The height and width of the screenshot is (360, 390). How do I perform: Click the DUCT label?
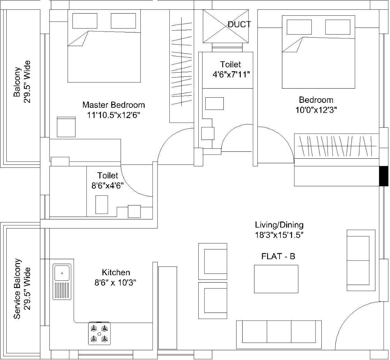pyautogui.click(x=239, y=24)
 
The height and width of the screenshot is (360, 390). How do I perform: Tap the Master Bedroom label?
pyautogui.click(x=114, y=105)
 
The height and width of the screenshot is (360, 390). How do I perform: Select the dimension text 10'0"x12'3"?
pyautogui.click(x=316, y=110)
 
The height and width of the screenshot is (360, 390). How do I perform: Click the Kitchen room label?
pyautogui.click(x=116, y=272)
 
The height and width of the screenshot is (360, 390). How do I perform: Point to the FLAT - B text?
pyautogui.click(x=278, y=256)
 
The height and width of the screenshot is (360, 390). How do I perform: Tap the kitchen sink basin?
pyautogui.click(x=62, y=273)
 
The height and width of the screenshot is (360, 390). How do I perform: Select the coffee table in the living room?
pyautogui.click(x=276, y=279)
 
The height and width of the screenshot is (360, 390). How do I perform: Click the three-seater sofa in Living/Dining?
pyautogui.click(x=279, y=335)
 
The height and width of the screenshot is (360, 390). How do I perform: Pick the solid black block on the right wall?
pyautogui.click(x=384, y=176)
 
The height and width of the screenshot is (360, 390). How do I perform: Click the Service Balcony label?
pyautogui.click(x=17, y=288)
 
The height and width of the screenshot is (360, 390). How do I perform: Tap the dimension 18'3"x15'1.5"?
pyautogui.click(x=279, y=235)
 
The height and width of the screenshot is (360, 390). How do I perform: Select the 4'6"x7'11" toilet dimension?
pyautogui.click(x=231, y=74)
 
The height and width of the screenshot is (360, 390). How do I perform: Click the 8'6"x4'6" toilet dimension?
pyautogui.click(x=107, y=186)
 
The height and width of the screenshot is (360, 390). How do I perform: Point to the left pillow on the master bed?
pyautogui.click(x=85, y=21)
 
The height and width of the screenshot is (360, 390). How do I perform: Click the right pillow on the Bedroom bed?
pyautogui.click(x=338, y=27)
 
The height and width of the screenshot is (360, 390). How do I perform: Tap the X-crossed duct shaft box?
pyautogui.click(x=226, y=26)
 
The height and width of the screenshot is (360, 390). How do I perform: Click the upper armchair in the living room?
pyautogui.click(x=213, y=261)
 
